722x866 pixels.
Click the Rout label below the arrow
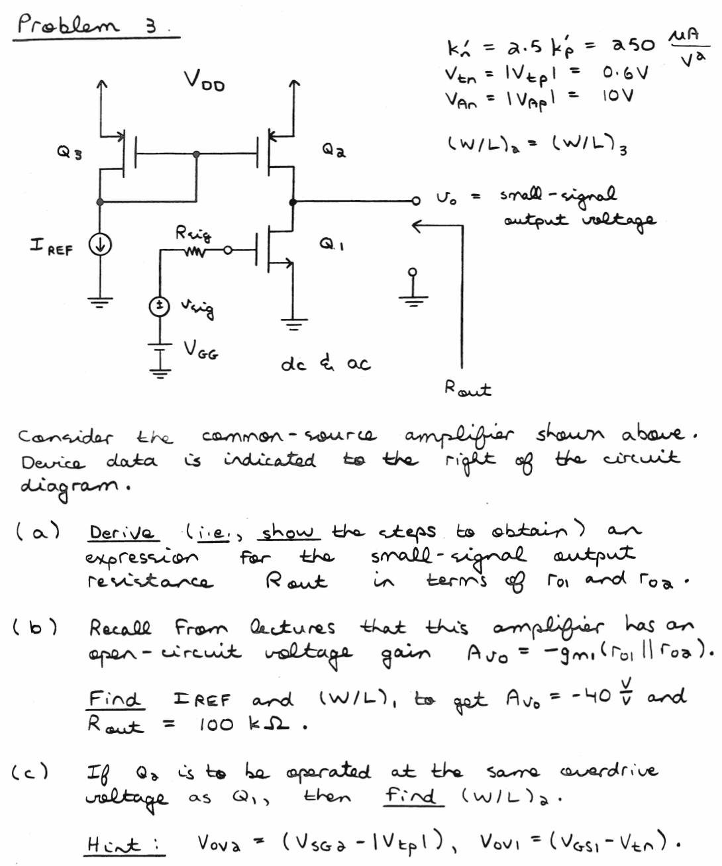pyautogui.click(x=468, y=389)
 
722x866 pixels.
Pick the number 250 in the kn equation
pyautogui.click(x=633, y=46)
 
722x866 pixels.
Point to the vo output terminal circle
pyautogui.click(x=415, y=199)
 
